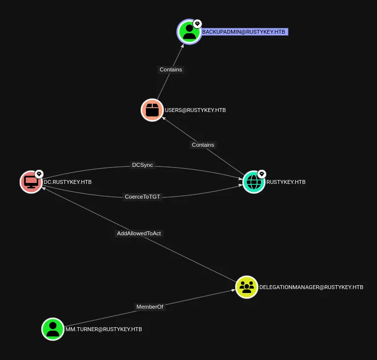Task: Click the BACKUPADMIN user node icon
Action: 189,32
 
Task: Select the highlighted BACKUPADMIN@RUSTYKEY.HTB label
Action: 244,32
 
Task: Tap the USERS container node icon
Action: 152,110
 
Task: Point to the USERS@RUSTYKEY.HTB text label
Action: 195,110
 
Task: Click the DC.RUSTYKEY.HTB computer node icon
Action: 31,182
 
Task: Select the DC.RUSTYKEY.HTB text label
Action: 68,182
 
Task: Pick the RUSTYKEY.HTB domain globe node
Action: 254,182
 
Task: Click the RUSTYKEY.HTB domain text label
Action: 286,182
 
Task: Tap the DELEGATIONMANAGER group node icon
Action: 247,287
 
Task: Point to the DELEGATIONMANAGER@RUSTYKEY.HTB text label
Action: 311,287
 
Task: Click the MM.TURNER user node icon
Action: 53,329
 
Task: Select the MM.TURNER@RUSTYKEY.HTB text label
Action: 104,329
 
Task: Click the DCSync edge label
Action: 142,165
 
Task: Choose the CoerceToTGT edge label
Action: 142,197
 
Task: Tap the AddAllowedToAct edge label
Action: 139,233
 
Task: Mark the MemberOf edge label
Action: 150,307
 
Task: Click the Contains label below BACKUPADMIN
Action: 171,69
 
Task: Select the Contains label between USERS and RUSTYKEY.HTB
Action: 203,145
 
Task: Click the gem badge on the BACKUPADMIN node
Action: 197,23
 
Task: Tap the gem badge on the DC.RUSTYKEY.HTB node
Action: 39,174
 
